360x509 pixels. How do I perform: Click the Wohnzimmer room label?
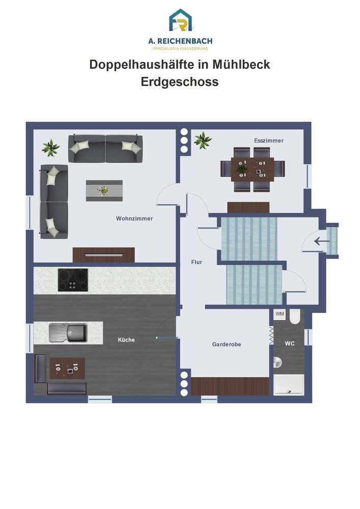click(x=134, y=218)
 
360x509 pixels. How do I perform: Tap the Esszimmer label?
click(x=269, y=140)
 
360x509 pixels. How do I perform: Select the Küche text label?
click(x=126, y=340)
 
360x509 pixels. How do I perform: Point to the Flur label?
click(x=197, y=262)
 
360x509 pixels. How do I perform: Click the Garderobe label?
click(x=227, y=345)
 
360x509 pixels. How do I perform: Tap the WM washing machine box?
click(x=280, y=314)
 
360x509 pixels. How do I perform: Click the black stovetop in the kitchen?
click(x=73, y=280)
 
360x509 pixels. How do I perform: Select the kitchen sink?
click(x=68, y=332)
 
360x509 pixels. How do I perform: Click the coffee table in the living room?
click(x=104, y=190)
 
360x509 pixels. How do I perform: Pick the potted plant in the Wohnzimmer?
click(x=50, y=148)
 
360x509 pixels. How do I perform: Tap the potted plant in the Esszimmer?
click(x=203, y=140)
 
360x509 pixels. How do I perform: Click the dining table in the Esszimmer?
click(x=253, y=169)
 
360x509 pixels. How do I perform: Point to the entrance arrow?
click(x=322, y=241)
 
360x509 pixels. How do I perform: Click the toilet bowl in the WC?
click(x=295, y=317)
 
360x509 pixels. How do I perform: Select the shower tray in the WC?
click(x=289, y=385)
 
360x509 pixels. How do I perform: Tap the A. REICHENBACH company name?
click(x=180, y=41)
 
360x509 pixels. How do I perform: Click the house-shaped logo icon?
click(x=180, y=20)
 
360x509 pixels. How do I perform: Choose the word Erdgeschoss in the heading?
click(x=180, y=82)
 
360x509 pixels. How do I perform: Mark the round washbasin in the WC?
click(x=278, y=362)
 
